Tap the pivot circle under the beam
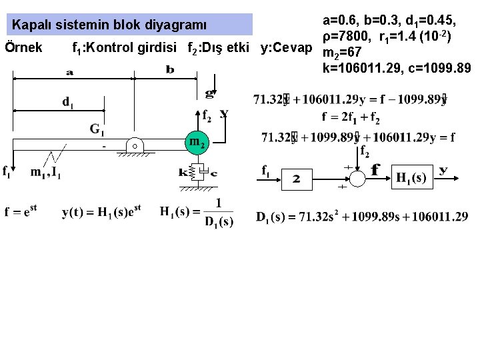coord(133,146)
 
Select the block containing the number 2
coord(297,179)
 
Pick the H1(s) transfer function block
coord(411,177)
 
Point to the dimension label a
coord(70,71)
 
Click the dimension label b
coord(170,70)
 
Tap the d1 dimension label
coord(68,102)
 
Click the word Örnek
coord(23,47)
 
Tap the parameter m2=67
coord(341,53)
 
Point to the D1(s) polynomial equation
coord(362,217)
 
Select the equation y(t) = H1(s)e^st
coord(101,213)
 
